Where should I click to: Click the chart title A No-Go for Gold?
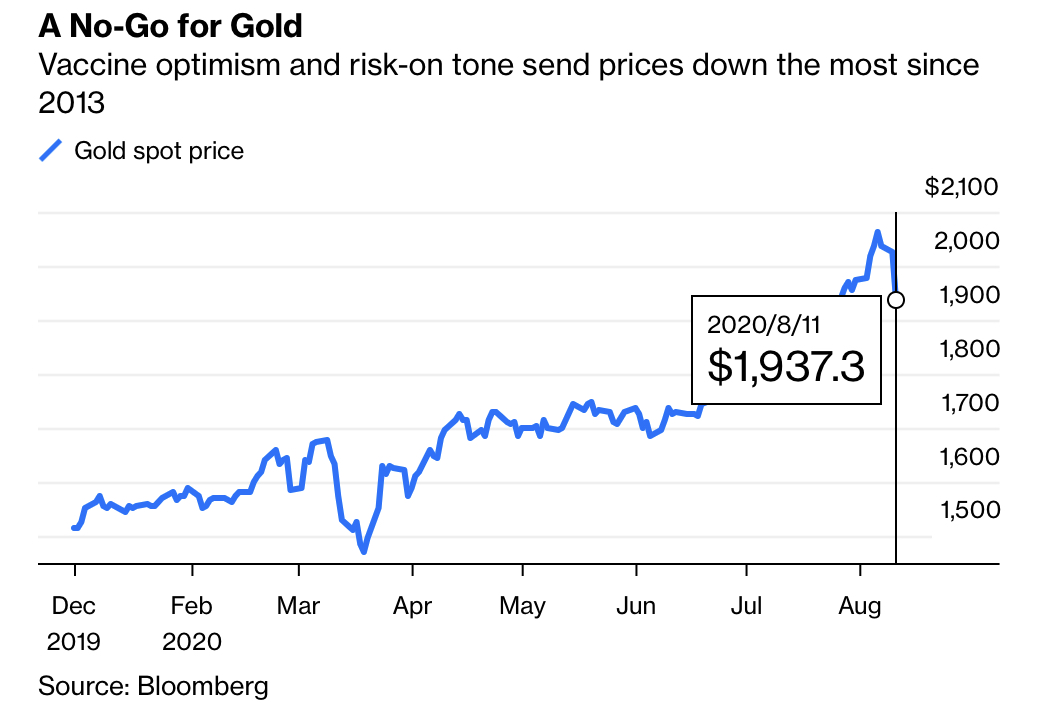click(x=170, y=25)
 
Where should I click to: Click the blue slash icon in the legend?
click(x=50, y=151)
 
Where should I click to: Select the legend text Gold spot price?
click(x=159, y=151)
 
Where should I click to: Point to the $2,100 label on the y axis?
click(x=961, y=187)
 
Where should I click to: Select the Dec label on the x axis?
click(x=74, y=606)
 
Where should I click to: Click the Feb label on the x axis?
click(x=192, y=606)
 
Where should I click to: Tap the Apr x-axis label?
click(x=412, y=606)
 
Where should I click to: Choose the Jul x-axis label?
click(x=746, y=606)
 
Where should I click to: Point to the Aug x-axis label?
click(x=859, y=606)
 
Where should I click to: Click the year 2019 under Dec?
click(x=74, y=641)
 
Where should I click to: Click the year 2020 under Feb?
click(x=192, y=641)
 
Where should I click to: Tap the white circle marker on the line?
click(x=896, y=299)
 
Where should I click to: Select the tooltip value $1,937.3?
click(x=786, y=366)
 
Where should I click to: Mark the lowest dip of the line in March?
click(x=364, y=550)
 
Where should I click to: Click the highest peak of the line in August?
click(x=877, y=233)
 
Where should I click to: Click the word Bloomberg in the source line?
click(x=203, y=686)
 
